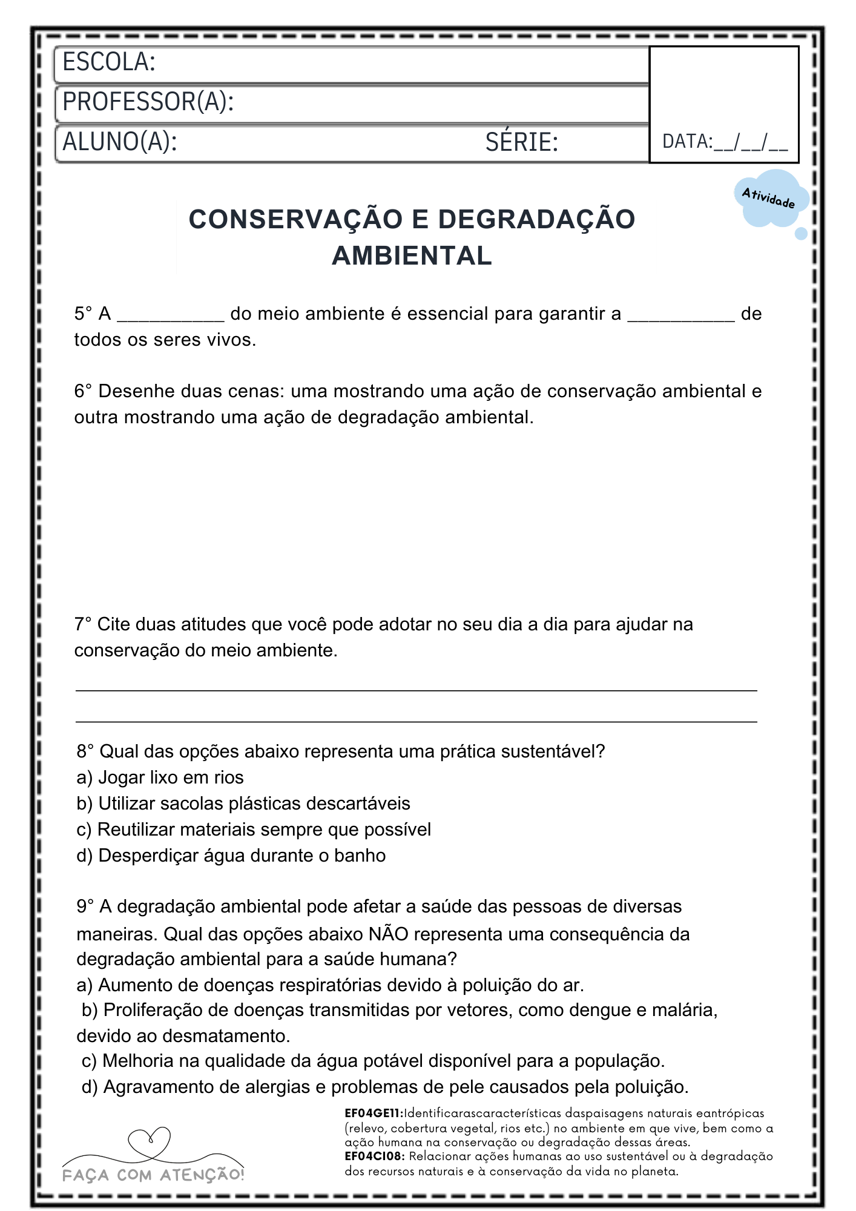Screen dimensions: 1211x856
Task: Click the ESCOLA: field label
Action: (x=109, y=62)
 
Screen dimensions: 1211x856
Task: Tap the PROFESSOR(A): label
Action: (x=148, y=102)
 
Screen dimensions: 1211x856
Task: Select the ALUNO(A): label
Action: (x=120, y=142)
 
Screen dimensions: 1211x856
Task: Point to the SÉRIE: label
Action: (x=521, y=142)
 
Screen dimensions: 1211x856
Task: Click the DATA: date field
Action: (x=725, y=142)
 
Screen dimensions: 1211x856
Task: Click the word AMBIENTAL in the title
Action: (x=412, y=256)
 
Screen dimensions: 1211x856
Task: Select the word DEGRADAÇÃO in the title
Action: (x=536, y=219)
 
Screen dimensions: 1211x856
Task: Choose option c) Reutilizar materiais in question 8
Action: (x=254, y=830)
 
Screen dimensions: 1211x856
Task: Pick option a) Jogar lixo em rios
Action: (x=160, y=777)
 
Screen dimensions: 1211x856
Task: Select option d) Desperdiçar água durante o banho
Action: (x=231, y=856)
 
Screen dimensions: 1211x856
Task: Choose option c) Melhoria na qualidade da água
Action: (x=373, y=1061)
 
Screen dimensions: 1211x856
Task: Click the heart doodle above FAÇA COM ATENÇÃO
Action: (x=150, y=1141)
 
